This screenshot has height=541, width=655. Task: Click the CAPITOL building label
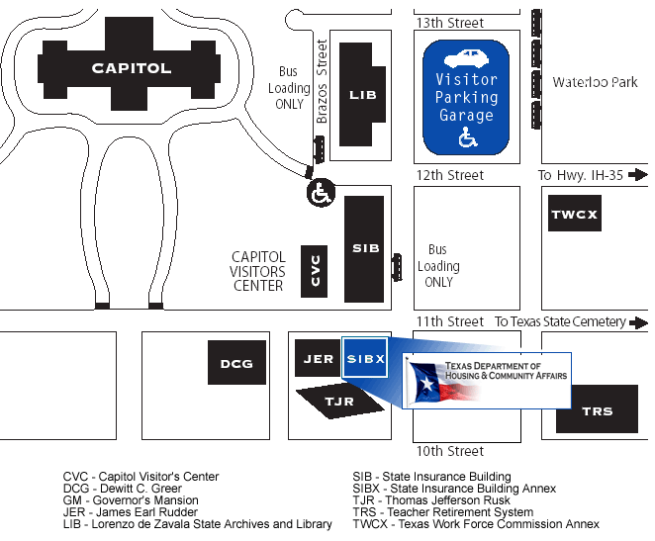click(132, 68)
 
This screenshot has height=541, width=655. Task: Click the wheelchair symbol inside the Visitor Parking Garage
click(466, 138)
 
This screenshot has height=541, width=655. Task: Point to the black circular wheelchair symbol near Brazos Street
click(320, 193)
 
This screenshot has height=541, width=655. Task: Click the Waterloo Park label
click(595, 83)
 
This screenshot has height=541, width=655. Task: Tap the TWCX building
click(575, 214)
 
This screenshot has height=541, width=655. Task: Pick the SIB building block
click(364, 248)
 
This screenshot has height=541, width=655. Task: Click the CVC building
click(315, 269)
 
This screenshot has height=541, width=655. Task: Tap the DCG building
click(236, 363)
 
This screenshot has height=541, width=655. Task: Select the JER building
click(318, 358)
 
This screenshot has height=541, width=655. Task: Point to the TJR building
click(339, 401)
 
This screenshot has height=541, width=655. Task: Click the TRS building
click(597, 409)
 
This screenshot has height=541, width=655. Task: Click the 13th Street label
click(450, 23)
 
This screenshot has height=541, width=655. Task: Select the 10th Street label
click(450, 451)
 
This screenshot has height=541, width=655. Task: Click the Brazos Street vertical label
click(322, 81)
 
